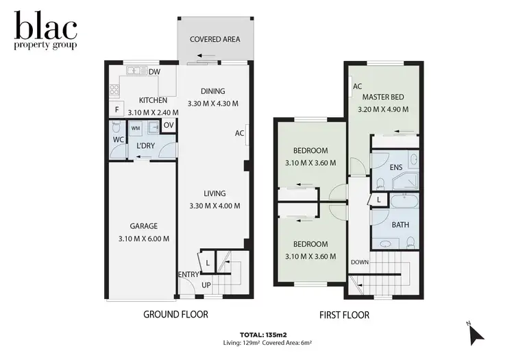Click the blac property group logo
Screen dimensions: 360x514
click(46, 31)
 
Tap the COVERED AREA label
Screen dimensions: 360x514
click(215, 39)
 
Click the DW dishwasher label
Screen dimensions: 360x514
click(154, 71)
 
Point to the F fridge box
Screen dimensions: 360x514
click(117, 110)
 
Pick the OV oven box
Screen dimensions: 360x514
click(168, 125)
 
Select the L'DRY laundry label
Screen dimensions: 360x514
click(145, 146)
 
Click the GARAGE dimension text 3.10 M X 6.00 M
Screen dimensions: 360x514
click(144, 238)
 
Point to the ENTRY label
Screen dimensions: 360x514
click(188, 274)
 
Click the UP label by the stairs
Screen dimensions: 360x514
click(206, 285)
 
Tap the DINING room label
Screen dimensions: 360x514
click(212, 91)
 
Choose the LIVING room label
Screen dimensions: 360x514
click(214, 193)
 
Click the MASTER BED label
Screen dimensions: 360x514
click(383, 97)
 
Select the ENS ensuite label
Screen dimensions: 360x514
click(395, 167)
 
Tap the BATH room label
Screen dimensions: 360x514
click(400, 225)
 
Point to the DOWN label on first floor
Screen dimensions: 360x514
click(360, 262)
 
